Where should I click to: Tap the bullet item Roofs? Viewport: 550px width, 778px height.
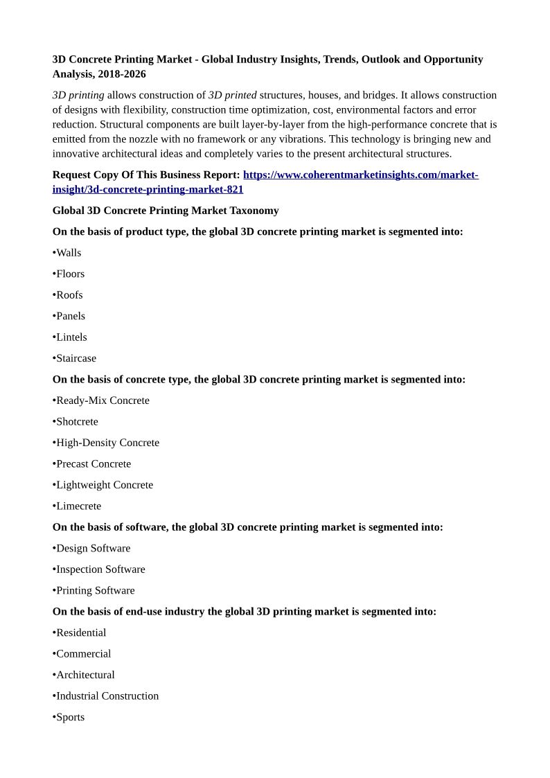pyautogui.click(x=69, y=295)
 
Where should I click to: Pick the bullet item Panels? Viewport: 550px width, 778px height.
pyautogui.click(x=70, y=316)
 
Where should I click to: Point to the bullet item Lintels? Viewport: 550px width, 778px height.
pyautogui.click(x=71, y=337)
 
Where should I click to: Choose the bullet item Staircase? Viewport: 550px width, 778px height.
pyautogui.click(x=76, y=358)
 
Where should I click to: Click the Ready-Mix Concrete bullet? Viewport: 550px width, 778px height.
pyautogui.click(x=102, y=400)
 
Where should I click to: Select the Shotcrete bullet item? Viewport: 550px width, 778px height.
pyautogui.click(x=76, y=422)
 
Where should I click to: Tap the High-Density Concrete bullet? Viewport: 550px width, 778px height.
pyautogui.click(x=107, y=443)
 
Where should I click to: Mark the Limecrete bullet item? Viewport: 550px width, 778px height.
pyautogui.click(x=78, y=506)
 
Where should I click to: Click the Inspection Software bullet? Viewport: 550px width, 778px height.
pyautogui.click(x=100, y=569)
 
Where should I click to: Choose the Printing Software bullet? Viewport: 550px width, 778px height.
pyautogui.click(x=95, y=591)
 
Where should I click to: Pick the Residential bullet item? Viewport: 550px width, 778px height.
pyautogui.click(x=80, y=633)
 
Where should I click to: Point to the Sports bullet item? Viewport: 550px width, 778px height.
pyautogui.click(x=69, y=717)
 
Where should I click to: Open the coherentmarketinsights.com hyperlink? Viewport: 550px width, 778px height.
pyautogui.click(x=360, y=175)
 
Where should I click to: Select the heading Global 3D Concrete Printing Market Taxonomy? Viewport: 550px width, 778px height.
pyautogui.click(x=166, y=211)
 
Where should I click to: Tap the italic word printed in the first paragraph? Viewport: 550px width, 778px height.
pyautogui.click(x=240, y=95)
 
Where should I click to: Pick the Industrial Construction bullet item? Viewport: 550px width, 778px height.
pyautogui.click(x=107, y=696)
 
